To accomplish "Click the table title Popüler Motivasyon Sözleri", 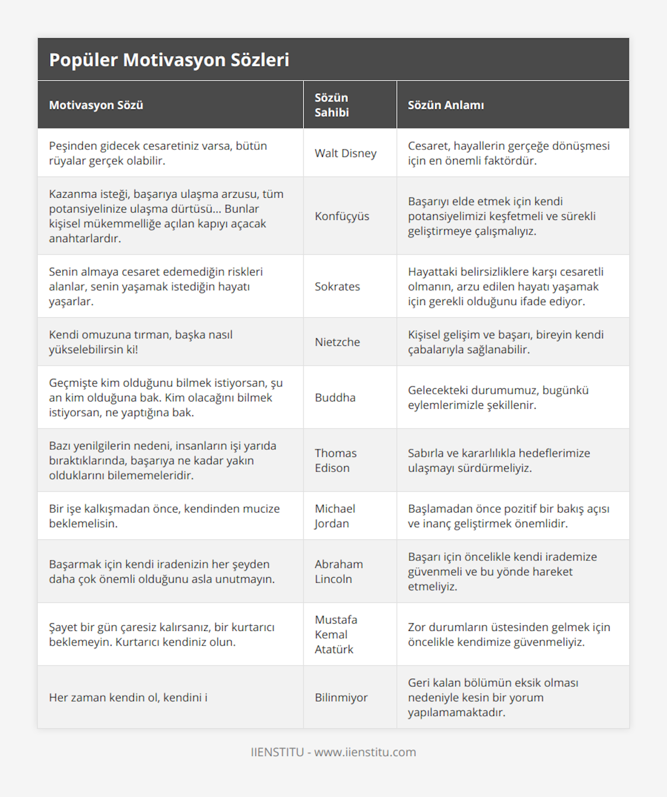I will [x=169, y=60].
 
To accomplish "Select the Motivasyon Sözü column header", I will [x=96, y=105].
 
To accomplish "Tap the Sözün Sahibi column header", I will [x=332, y=105].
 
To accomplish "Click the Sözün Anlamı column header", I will [x=446, y=105].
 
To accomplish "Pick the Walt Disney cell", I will [x=346, y=153].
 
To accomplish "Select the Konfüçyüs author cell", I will [x=342, y=216].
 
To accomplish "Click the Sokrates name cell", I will [x=337, y=287].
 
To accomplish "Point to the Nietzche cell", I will [x=337, y=342].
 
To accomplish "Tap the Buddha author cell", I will [x=335, y=398].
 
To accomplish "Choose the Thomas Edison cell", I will [x=336, y=460].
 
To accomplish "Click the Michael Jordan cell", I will [x=335, y=516].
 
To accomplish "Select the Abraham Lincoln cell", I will [x=339, y=572].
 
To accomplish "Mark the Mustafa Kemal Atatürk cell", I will [x=336, y=634].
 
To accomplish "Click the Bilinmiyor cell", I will [x=341, y=698].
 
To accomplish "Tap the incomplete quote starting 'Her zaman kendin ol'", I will [x=128, y=698].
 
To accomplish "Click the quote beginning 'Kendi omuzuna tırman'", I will [x=141, y=342].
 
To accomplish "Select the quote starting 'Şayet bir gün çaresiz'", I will [x=162, y=634].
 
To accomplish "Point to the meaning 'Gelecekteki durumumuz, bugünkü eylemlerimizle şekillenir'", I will [x=498, y=398].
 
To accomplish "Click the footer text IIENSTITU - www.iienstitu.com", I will [x=333, y=752].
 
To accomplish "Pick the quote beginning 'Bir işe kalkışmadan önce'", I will [x=165, y=516].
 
